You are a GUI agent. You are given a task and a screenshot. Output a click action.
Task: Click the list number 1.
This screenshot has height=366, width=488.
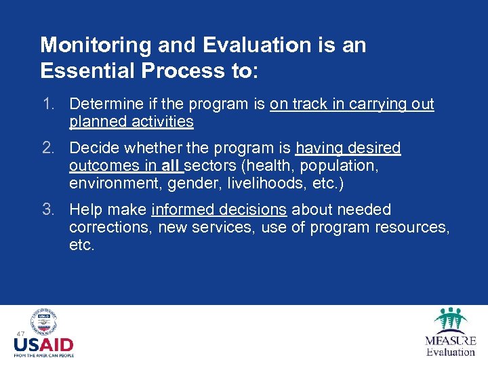tap(47, 104)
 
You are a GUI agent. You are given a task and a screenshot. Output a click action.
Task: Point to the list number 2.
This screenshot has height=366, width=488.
tap(47, 148)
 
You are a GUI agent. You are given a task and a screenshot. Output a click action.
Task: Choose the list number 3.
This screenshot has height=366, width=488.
tap(47, 210)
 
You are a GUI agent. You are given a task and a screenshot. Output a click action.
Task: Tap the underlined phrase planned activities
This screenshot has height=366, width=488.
tap(131, 122)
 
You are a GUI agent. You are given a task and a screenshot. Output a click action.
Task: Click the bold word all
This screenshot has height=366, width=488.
tap(171, 165)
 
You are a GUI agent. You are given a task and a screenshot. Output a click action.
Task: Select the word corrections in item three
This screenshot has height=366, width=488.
tap(110, 228)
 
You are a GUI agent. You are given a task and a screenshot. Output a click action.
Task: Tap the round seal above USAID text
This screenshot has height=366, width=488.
tap(43, 322)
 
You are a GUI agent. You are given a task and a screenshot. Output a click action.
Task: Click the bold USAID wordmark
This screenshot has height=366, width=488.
tap(43, 344)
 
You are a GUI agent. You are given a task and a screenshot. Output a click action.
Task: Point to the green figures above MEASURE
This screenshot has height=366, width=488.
tap(449, 319)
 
